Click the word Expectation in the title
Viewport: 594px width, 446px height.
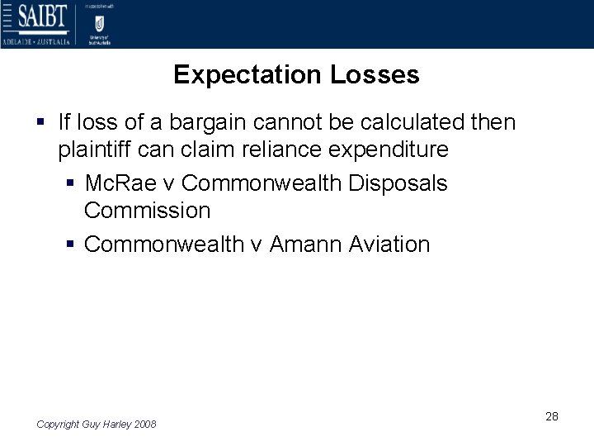point(248,75)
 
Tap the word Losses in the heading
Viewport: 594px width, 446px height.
point(375,75)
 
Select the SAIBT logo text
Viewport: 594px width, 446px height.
point(35,17)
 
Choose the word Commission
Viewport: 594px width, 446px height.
point(147,211)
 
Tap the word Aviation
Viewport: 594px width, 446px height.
point(389,244)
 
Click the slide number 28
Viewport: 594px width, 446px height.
point(552,416)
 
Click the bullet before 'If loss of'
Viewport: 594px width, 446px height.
point(40,123)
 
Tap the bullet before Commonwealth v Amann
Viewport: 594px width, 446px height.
point(71,244)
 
